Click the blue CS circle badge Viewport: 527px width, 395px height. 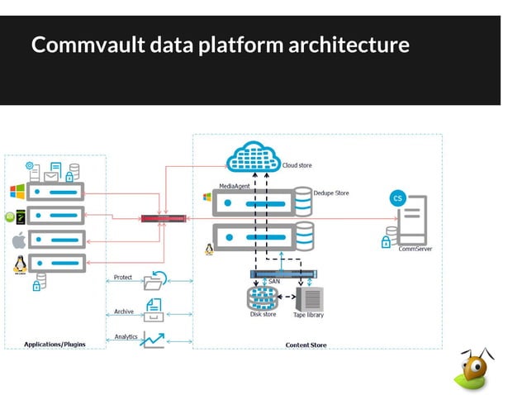pos(398,198)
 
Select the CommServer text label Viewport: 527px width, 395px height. pos(415,249)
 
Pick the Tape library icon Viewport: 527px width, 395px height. pos(310,297)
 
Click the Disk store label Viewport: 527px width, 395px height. pos(263,314)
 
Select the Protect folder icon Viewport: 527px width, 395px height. pos(154,281)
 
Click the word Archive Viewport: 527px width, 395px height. pos(124,312)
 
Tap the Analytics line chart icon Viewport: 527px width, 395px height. pos(153,339)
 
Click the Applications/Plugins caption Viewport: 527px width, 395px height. pos(55,344)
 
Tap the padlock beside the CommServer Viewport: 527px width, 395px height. pos(385,242)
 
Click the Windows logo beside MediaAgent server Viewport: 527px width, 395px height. pos(207,198)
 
